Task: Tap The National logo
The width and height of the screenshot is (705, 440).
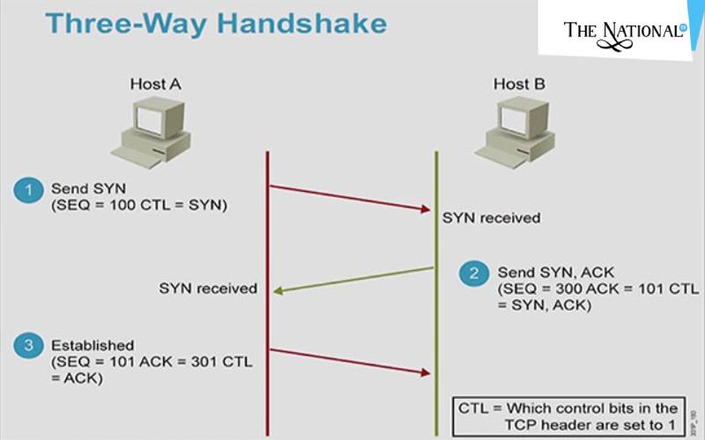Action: point(624,30)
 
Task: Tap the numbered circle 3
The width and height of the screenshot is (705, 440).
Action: point(28,346)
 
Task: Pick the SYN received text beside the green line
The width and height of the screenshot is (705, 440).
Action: point(492,217)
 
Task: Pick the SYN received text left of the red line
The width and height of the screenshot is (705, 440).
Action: point(208,288)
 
